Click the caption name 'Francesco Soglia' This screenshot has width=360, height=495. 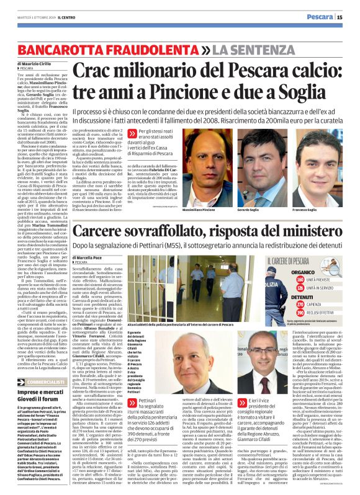coord(324,210)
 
